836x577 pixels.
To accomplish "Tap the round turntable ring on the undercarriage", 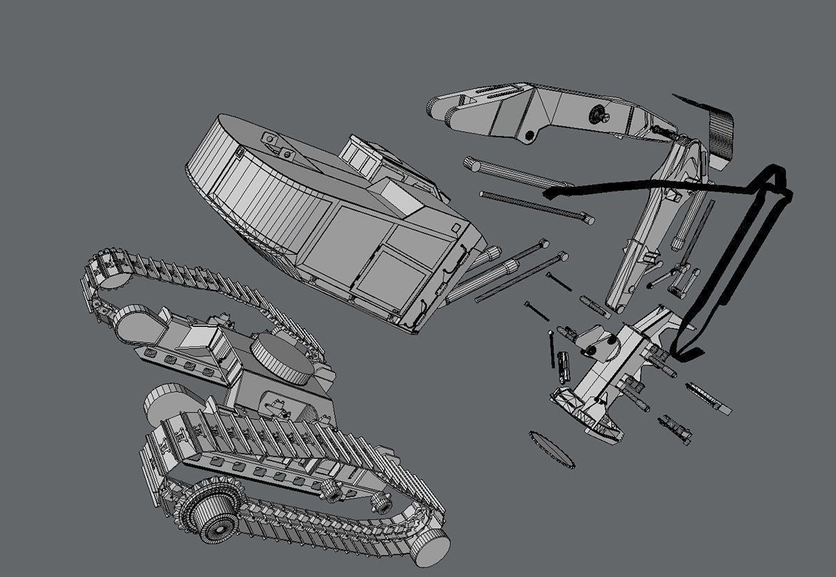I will [283, 358].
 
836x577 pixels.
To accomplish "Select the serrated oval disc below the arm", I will [552, 449].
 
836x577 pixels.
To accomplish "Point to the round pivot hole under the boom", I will [530, 134].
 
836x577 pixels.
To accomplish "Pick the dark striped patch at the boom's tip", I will [722, 132].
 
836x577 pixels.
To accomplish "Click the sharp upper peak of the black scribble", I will [775, 171].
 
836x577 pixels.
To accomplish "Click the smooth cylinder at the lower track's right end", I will [428, 546].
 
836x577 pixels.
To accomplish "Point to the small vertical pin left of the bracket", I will [552, 348].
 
